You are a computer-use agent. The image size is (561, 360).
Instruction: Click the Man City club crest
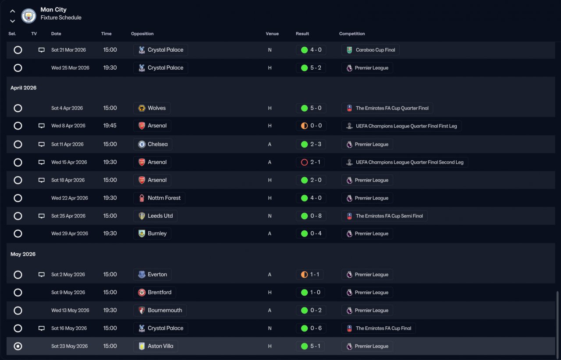click(x=28, y=16)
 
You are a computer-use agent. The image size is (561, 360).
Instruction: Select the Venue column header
click(x=272, y=34)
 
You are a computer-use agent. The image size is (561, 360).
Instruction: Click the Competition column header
click(x=352, y=34)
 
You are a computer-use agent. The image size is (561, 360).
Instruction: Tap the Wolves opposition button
click(x=152, y=108)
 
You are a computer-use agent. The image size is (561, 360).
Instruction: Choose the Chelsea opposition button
click(x=153, y=144)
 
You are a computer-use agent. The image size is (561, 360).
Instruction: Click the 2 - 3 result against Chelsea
click(x=311, y=144)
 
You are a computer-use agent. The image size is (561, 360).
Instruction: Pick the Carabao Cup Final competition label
click(x=370, y=50)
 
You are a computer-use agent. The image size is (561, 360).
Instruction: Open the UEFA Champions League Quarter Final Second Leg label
click(x=405, y=162)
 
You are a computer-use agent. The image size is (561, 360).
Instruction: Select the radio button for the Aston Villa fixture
click(x=18, y=346)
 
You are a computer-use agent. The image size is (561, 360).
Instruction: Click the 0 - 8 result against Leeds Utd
click(x=311, y=216)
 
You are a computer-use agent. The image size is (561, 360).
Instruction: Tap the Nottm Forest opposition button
click(x=159, y=198)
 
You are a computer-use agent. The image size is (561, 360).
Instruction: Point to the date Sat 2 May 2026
click(x=68, y=275)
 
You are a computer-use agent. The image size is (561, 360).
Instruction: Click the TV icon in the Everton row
click(x=42, y=275)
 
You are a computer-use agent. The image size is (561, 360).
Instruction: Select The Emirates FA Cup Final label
click(x=378, y=328)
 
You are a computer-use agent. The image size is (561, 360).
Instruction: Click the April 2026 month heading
click(x=24, y=88)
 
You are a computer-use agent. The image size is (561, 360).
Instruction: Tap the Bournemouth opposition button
click(x=160, y=311)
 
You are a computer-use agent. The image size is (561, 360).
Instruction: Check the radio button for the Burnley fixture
click(x=18, y=233)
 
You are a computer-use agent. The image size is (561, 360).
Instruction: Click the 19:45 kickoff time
click(x=110, y=126)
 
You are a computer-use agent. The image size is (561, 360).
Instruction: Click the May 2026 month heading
click(x=23, y=254)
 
